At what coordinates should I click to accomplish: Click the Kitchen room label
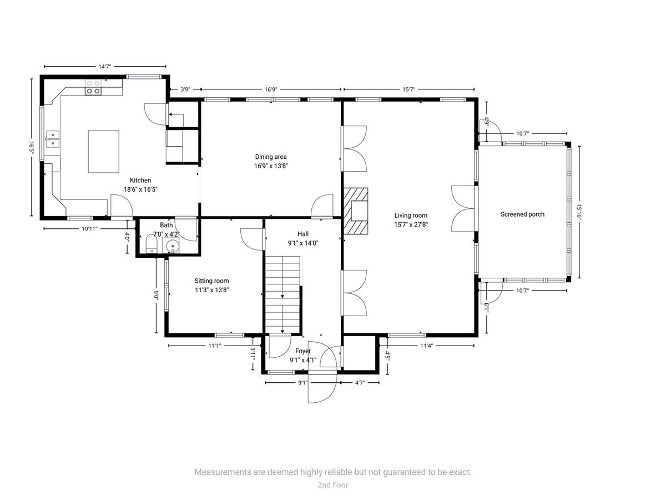click(140, 181)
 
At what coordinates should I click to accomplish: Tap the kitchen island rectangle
click(103, 152)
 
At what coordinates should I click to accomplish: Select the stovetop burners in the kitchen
click(93, 87)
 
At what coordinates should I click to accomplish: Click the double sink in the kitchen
click(53, 139)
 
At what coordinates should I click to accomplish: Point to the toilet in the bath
click(152, 244)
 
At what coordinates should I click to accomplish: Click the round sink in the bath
click(171, 246)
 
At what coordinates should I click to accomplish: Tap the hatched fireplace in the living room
click(356, 211)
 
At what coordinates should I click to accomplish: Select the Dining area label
click(271, 157)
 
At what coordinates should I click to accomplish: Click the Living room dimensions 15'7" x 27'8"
click(411, 224)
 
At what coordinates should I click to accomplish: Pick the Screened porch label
click(522, 214)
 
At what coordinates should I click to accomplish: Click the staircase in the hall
click(283, 294)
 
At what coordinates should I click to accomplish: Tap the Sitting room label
click(211, 281)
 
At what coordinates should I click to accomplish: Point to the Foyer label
click(303, 351)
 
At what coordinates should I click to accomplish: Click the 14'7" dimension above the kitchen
click(105, 67)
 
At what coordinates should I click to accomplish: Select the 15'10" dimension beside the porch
click(579, 212)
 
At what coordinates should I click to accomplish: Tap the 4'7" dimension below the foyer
click(360, 383)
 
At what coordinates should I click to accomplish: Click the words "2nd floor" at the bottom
click(333, 485)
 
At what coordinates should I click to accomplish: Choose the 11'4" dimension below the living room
click(427, 346)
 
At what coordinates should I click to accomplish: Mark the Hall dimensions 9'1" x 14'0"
click(303, 243)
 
